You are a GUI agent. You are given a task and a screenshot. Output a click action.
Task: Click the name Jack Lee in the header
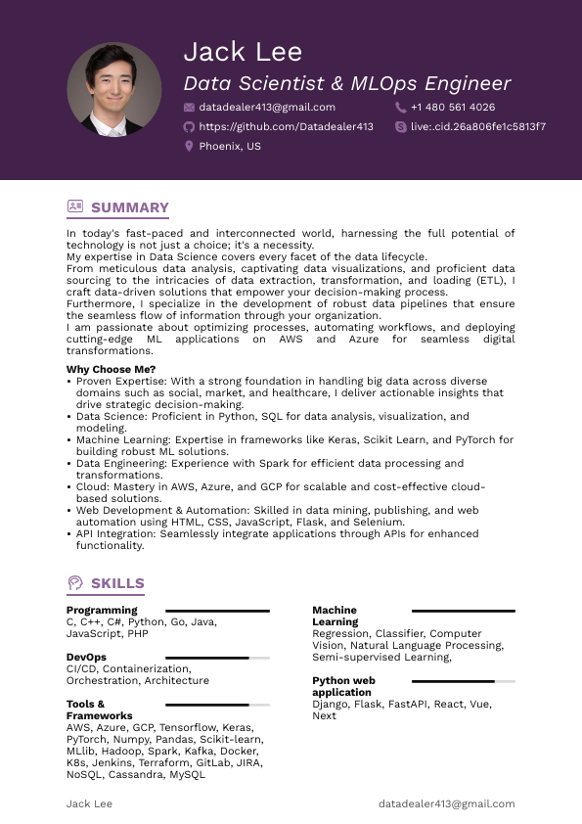[243, 51]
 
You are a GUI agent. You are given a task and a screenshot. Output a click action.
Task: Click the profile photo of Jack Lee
[114, 89]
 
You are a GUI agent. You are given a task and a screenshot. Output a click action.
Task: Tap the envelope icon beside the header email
[189, 108]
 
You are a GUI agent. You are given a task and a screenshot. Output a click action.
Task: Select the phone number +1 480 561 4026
[453, 108]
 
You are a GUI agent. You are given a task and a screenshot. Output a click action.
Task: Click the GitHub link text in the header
[286, 127]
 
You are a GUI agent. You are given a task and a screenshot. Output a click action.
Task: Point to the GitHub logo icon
[189, 127]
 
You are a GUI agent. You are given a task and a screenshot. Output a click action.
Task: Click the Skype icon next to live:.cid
[401, 127]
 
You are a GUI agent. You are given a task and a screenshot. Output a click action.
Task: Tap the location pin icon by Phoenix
[189, 146]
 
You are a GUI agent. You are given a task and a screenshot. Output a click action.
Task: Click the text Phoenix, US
[230, 146]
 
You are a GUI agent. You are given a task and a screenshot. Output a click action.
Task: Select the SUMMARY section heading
[130, 207]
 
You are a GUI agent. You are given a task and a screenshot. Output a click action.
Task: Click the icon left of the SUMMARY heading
[75, 206]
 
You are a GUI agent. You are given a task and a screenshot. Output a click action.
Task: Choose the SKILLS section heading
[117, 584]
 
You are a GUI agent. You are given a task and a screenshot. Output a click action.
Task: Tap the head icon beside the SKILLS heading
[75, 583]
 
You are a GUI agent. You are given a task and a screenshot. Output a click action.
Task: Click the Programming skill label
[102, 611]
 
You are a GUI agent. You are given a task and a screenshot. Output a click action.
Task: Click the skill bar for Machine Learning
[463, 611]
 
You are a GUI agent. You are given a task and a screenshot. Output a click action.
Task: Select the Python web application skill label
[344, 686]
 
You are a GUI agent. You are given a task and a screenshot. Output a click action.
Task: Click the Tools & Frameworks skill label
[100, 710]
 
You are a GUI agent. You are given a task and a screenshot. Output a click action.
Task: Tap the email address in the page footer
[446, 803]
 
